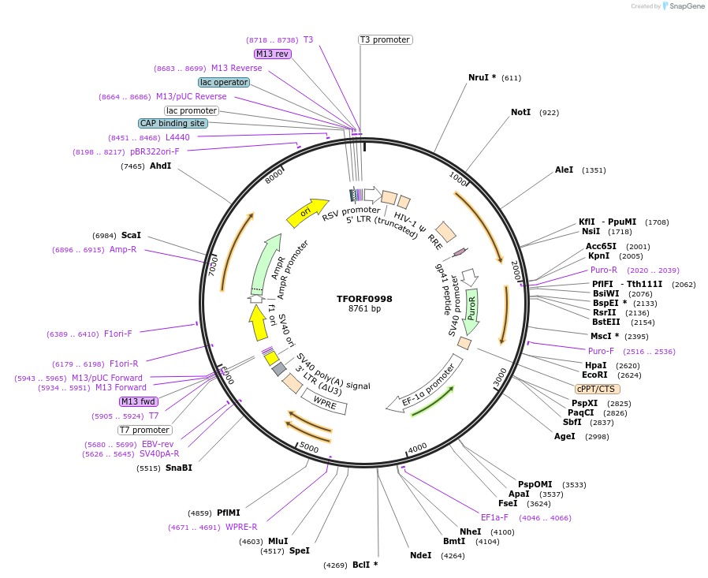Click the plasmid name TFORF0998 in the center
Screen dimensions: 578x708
[x=364, y=299]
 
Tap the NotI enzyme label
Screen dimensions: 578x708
[x=520, y=113]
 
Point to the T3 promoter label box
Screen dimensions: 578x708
[x=385, y=39]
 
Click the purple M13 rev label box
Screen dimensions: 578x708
[x=273, y=54]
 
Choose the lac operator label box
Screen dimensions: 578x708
[x=224, y=82]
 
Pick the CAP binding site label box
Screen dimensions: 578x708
[x=173, y=123]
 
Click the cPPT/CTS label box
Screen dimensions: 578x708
[x=597, y=389]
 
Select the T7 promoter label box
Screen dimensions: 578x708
[x=144, y=430]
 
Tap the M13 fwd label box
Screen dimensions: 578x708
[x=139, y=401]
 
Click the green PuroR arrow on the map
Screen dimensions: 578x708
[x=471, y=308]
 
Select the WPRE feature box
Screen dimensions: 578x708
[x=325, y=403]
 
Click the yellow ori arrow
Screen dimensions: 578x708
[x=307, y=211]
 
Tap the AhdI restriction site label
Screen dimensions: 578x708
[x=160, y=166]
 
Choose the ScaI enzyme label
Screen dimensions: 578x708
[x=131, y=235]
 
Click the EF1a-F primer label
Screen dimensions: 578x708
[x=494, y=517]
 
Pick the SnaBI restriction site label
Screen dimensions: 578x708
[x=178, y=468]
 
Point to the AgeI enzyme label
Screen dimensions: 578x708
[x=565, y=436]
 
